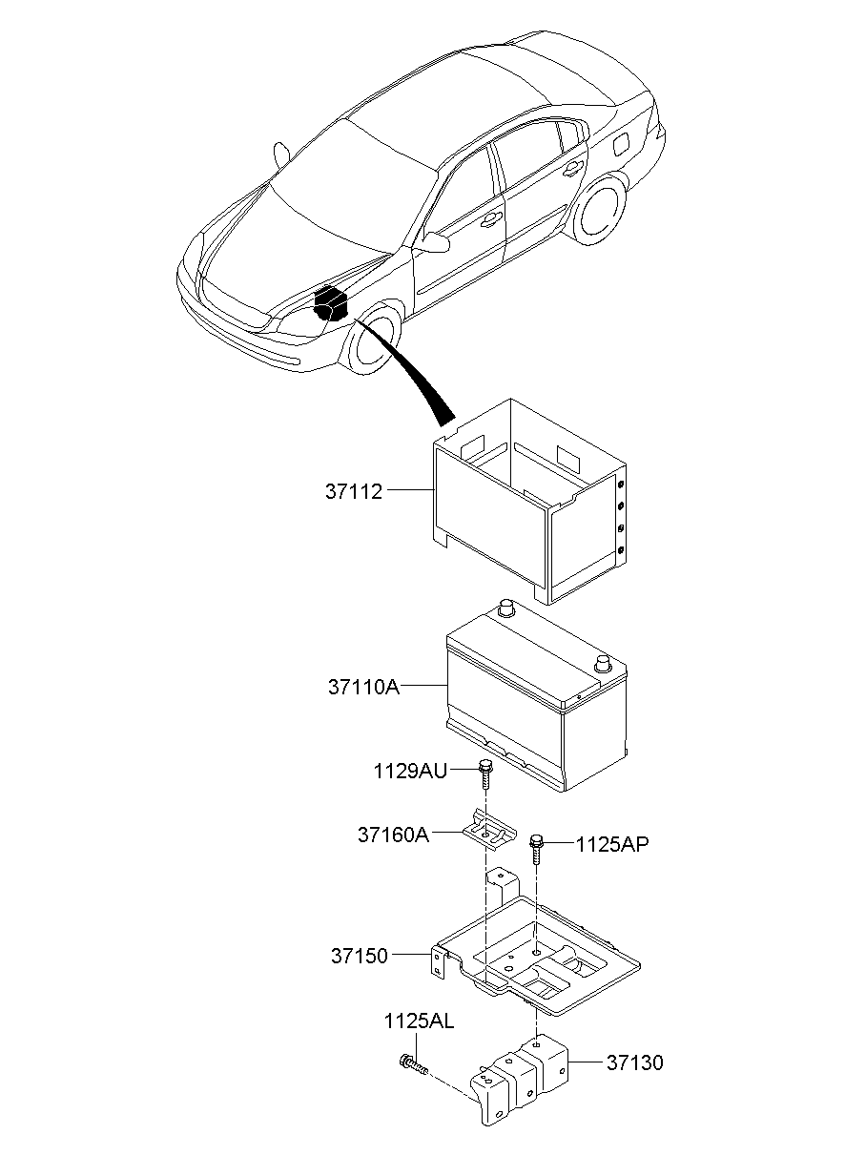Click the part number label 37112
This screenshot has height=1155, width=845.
click(x=354, y=492)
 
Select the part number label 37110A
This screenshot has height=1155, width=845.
click(x=364, y=687)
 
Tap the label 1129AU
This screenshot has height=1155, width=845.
click(x=410, y=772)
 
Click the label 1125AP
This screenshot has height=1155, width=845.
click(x=612, y=845)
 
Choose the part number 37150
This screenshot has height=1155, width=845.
click(x=360, y=956)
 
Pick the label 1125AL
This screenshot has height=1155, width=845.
click(x=419, y=1021)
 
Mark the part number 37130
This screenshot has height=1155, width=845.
click(x=634, y=1062)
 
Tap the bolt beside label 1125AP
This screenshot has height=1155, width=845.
click(x=536, y=849)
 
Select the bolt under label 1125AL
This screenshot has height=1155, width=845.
click(x=414, y=1064)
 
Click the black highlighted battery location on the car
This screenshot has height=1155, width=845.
click(x=331, y=303)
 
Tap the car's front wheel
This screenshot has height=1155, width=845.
click(x=374, y=341)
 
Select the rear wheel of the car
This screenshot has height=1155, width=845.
click(x=601, y=212)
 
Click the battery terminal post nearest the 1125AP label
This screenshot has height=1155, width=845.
click(x=602, y=664)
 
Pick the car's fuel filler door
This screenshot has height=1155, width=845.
click(x=621, y=143)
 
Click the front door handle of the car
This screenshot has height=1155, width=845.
click(x=490, y=219)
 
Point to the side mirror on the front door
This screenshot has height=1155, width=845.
click(x=436, y=241)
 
